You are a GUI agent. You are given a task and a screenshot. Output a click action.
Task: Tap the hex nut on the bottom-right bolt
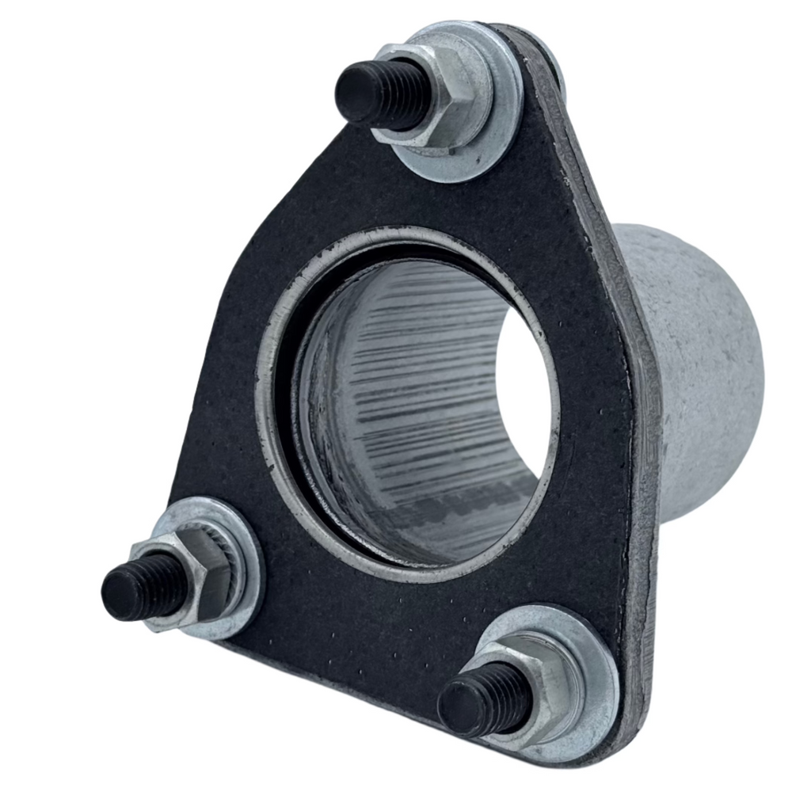[x=539, y=681]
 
